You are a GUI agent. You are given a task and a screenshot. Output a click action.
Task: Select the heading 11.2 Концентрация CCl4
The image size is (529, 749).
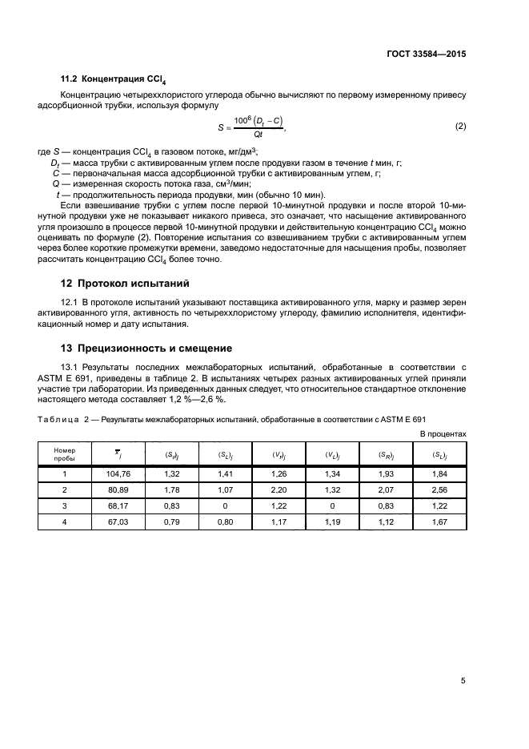coord(115,80)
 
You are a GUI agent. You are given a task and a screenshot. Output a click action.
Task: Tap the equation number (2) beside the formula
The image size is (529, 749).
coord(460,127)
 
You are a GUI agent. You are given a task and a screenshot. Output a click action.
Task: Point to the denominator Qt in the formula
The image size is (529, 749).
coord(258,135)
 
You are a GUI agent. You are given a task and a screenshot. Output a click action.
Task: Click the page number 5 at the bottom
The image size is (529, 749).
coord(463,681)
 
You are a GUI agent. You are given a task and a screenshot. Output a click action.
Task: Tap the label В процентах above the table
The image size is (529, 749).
coord(443,433)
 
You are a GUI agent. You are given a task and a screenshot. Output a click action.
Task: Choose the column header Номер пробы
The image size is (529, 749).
coord(64,454)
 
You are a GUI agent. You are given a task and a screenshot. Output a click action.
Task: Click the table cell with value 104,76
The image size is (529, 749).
coord(118,474)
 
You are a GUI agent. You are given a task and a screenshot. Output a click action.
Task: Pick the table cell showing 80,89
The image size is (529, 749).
coord(118,489)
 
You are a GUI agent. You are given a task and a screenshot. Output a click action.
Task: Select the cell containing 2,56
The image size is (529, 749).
coord(439,489)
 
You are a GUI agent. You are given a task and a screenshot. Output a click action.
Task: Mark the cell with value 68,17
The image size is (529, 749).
coord(118,505)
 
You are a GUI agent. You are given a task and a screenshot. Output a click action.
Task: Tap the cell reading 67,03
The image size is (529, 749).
coord(118,521)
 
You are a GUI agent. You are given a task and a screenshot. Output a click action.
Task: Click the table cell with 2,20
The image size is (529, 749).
coord(279,489)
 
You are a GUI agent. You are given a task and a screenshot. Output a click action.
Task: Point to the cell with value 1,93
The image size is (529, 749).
coord(386,474)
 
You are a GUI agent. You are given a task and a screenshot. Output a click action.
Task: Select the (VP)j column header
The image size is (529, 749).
coord(279,454)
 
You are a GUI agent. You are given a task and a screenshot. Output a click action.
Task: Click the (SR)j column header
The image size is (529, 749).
coord(386,454)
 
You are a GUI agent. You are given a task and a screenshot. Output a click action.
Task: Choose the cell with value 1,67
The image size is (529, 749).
coord(439,521)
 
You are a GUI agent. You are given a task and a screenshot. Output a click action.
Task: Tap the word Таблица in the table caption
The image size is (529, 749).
coord(55,419)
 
